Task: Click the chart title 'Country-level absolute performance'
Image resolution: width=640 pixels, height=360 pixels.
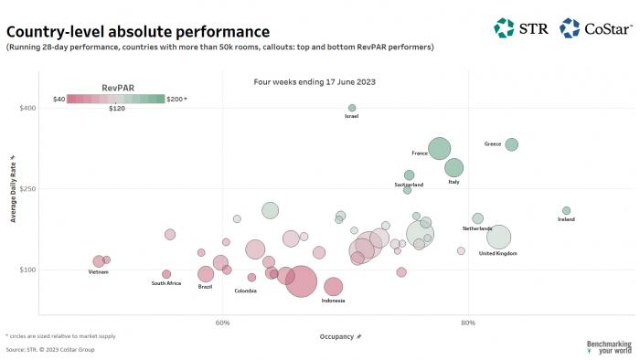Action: point(137,32)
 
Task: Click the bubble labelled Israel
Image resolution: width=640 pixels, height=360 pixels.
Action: point(352,108)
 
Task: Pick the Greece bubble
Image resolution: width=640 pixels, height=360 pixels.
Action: point(512,144)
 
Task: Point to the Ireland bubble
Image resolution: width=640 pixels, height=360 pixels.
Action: point(566,210)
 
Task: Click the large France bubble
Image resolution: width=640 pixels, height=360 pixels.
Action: point(440,148)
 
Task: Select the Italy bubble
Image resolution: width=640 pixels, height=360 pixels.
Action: point(453,167)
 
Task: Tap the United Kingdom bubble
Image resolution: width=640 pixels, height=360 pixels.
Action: point(498,238)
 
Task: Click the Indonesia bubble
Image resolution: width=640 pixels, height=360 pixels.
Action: point(333,287)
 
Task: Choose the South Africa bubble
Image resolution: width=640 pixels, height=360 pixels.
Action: point(166,274)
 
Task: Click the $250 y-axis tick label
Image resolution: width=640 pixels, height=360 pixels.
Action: point(27,189)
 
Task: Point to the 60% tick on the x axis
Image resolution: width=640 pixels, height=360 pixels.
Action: point(222,322)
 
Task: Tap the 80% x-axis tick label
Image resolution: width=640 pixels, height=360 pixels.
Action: point(468,322)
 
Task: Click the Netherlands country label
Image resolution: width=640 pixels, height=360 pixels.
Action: point(476,228)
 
